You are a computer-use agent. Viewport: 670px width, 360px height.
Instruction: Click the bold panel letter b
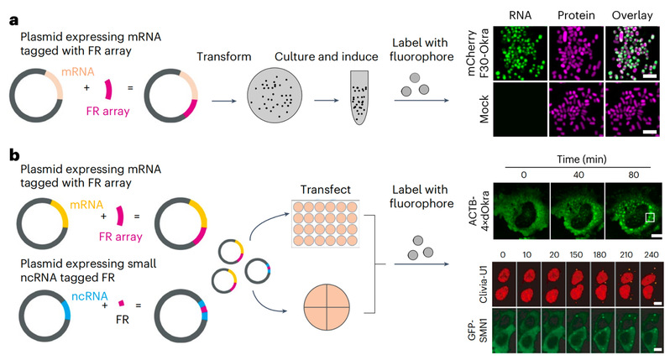[x=13, y=155]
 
